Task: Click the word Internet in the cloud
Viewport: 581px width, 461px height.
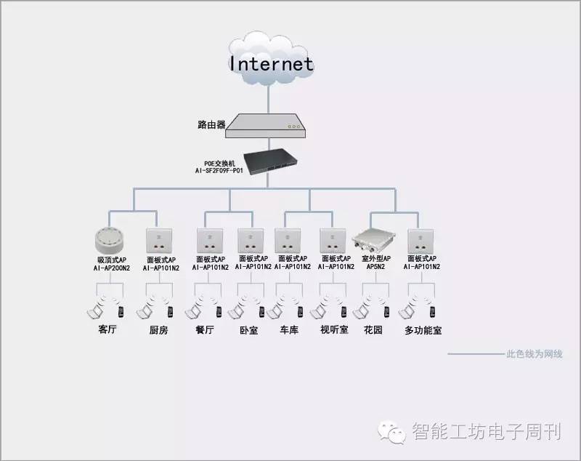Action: click(x=272, y=63)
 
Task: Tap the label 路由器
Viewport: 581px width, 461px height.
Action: click(x=211, y=124)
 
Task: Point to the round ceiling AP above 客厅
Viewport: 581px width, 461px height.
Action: click(x=110, y=239)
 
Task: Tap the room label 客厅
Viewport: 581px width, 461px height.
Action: click(x=107, y=329)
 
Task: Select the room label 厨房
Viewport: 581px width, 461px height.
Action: click(x=158, y=330)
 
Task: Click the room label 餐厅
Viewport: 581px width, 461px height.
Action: click(x=205, y=330)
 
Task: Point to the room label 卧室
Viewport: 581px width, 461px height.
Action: click(x=248, y=330)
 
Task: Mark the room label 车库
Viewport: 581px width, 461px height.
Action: click(x=289, y=330)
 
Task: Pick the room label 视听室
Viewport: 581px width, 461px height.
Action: click(x=334, y=330)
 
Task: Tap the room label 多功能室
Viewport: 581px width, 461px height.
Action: click(x=423, y=330)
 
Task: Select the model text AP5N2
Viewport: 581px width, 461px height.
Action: click(x=376, y=268)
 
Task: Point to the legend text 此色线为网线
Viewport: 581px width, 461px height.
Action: click(x=534, y=355)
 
